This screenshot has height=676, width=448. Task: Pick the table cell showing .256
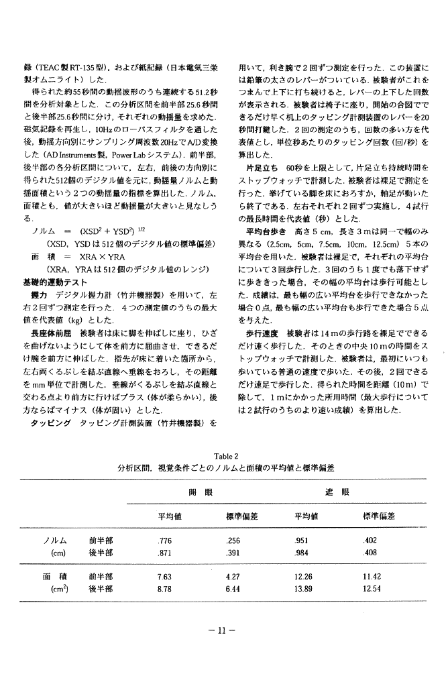233,541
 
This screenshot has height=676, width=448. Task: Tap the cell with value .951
302,541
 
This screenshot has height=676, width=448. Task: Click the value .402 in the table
370,541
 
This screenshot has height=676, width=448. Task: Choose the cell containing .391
233,553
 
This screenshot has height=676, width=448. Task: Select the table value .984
302,553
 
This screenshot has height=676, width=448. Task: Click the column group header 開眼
200,492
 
